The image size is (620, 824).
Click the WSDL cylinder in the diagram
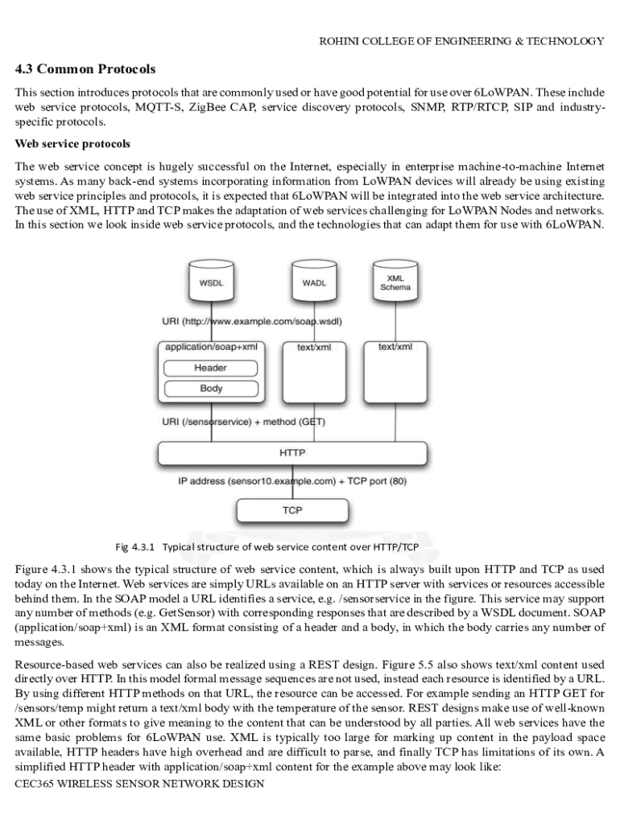(211, 282)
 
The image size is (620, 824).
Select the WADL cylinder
(314, 282)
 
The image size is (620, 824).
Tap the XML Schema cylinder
(395, 282)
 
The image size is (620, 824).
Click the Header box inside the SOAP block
(210, 368)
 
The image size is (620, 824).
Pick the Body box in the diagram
(210, 389)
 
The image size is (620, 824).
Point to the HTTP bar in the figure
(291, 453)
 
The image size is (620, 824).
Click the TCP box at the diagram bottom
(291, 510)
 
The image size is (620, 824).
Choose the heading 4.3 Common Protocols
(85, 69)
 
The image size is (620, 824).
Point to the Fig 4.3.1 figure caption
(267, 547)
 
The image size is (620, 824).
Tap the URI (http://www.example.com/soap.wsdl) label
(252, 323)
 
